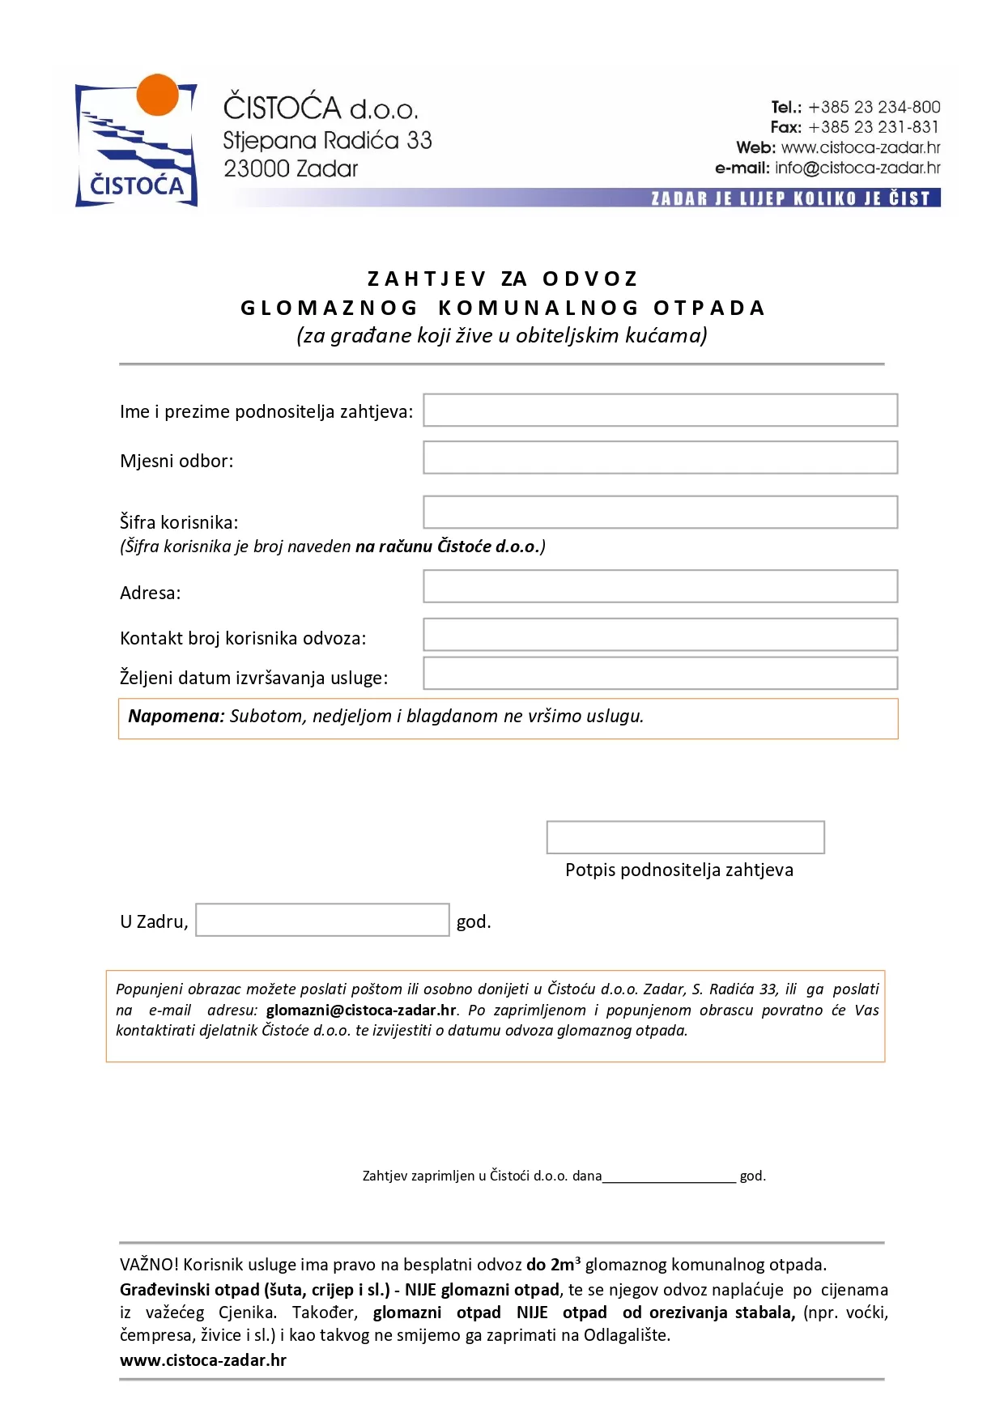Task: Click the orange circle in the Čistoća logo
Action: point(157,95)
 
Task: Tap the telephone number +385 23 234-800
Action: point(874,107)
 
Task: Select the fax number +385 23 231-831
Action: point(874,127)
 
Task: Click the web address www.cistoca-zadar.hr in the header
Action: point(860,147)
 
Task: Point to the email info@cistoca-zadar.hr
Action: point(857,168)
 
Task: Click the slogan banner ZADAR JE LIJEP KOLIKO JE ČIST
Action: point(790,198)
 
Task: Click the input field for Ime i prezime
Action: point(660,411)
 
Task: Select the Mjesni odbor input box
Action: point(660,457)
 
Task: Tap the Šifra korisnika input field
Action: point(660,513)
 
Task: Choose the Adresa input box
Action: point(660,586)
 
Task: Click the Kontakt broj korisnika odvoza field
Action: point(660,635)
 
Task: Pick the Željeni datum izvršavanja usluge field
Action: point(660,674)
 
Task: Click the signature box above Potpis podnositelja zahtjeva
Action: point(685,837)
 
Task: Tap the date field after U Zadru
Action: point(322,920)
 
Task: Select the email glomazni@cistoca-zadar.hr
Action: point(361,1010)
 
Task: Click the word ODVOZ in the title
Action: point(590,279)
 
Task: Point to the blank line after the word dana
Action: point(669,1176)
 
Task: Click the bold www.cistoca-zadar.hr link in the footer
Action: point(203,1360)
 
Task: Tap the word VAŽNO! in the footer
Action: point(149,1265)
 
